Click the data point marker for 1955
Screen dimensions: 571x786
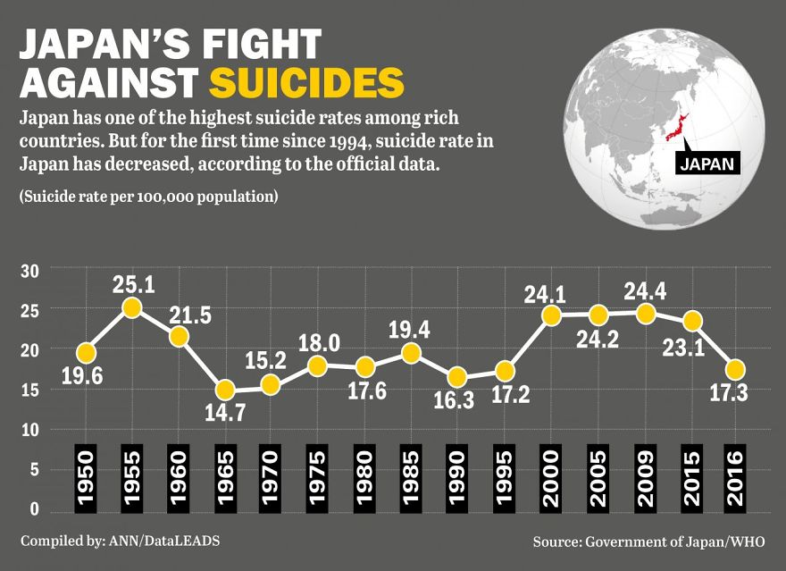pos(131,307)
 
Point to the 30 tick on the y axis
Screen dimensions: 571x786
pos(29,271)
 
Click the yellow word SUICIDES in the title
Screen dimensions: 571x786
pos(306,81)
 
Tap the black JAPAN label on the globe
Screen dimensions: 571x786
pos(707,164)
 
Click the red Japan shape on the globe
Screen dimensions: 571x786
pos(680,125)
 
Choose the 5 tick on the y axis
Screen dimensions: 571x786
pos(34,470)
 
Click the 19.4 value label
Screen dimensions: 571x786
pos(410,329)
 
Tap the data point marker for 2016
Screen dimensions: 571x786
pos(735,369)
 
